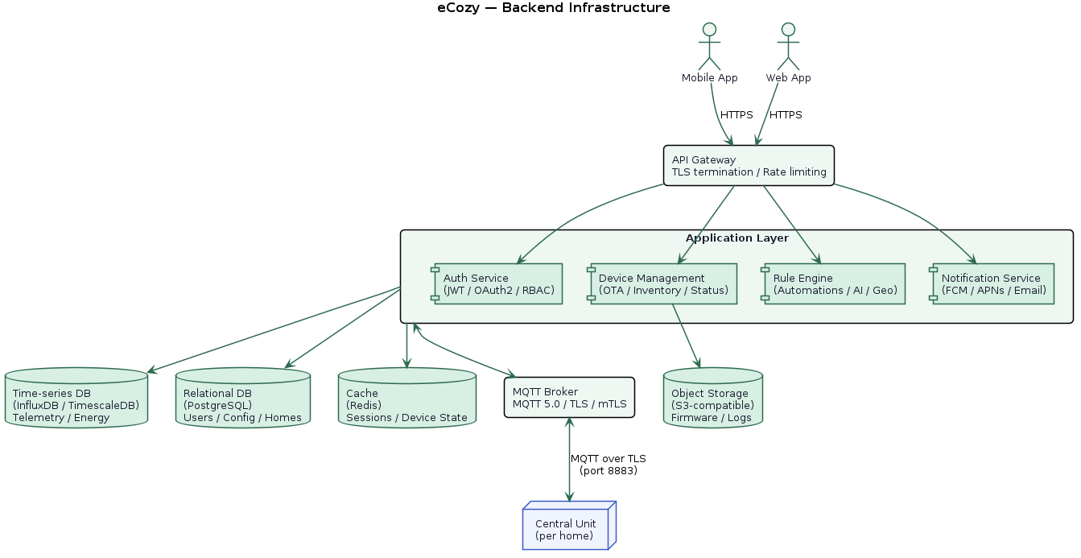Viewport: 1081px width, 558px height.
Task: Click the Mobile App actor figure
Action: pyautogui.click(x=709, y=47)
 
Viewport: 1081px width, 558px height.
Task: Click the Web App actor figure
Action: pyautogui.click(x=788, y=47)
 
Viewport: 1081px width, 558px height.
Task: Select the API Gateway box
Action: pyautogui.click(x=749, y=166)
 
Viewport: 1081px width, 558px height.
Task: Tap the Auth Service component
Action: pyautogui.click(x=497, y=283)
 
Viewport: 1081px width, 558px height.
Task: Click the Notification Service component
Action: pyautogui.click(x=992, y=283)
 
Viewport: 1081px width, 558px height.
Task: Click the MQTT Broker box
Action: pyautogui.click(x=569, y=397)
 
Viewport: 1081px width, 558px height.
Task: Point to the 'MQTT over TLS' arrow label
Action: pyautogui.click(x=608, y=465)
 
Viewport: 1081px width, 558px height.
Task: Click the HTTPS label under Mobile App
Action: pyautogui.click(x=736, y=115)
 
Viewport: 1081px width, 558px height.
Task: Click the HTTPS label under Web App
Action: pyautogui.click(x=786, y=115)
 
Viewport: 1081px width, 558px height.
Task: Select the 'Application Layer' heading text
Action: pyautogui.click(x=736, y=238)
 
